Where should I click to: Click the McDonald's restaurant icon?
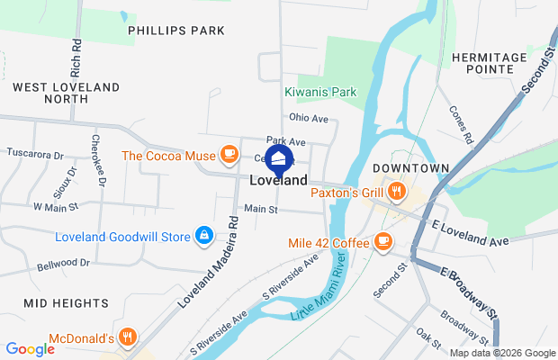tap(129, 337)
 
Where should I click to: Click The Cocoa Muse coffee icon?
tap(229, 155)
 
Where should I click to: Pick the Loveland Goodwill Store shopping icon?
tap(205, 237)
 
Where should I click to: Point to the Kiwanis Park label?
tap(320, 92)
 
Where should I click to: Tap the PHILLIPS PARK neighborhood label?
tap(175, 31)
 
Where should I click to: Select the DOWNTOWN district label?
tap(411, 168)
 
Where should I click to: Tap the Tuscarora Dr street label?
tap(35, 154)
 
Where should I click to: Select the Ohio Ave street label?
tap(309, 118)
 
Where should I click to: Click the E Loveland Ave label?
tap(471, 236)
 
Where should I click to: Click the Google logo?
tap(29, 349)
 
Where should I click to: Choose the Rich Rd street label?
tap(76, 57)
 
